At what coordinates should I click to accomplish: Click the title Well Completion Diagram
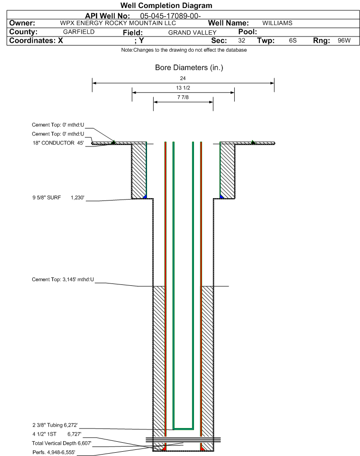pos(166,6)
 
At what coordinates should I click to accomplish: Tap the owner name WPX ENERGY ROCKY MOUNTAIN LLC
pos(118,23)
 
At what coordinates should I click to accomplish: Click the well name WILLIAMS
pos(277,23)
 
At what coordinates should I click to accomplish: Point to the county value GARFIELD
pos(79,32)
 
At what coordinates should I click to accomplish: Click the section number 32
pos(241,41)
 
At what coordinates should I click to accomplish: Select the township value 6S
pos(293,41)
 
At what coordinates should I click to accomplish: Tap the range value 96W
pos(344,41)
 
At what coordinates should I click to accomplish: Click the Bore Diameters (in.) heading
pos(189,68)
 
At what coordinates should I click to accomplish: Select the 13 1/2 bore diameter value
pos(183,88)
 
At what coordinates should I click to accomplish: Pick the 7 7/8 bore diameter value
pos(183,98)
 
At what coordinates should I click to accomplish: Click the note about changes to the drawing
pos(184,50)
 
